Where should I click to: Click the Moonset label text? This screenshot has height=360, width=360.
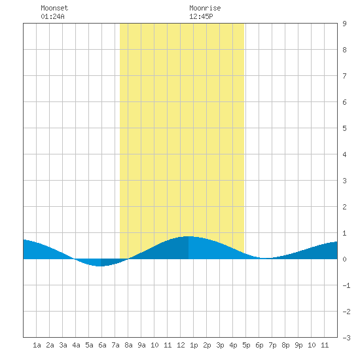pyautogui.click(x=54, y=8)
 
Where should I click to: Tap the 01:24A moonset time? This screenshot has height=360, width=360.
pyautogui.click(x=52, y=16)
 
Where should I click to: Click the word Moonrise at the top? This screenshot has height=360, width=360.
pyautogui.click(x=205, y=8)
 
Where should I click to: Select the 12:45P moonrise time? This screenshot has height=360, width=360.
pyautogui.click(x=201, y=16)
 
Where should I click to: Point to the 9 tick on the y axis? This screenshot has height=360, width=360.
pyautogui.click(x=344, y=24)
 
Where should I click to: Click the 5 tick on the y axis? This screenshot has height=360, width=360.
pyautogui.click(x=344, y=128)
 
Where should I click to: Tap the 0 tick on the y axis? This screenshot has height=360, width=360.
pyautogui.click(x=344, y=259)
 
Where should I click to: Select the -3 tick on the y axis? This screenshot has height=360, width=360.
pyautogui.click(x=346, y=338)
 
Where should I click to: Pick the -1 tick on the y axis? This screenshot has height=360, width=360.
pyautogui.click(x=346, y=285)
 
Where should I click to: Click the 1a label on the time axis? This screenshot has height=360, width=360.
pyautogui.click(x=37, y=345)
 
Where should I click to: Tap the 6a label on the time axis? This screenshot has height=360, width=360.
pyautogui.click(x=102, y=345)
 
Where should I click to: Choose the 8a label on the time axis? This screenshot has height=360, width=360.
pyautogui.click(x=128, y=345)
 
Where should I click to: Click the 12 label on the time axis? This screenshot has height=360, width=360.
pyautogui.click(x=181, y=345)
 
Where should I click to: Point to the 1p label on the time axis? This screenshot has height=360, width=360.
pyautogui.click(x=194, y=345)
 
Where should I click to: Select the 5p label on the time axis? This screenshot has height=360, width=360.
pyautogui.click(x=246, y=345)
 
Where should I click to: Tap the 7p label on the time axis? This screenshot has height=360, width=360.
pyautogui.click(x=272, y=345)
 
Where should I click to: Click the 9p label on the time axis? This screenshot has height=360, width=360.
pyautogui.click(x=298, y=345)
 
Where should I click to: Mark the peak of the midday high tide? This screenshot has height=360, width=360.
pyautogui.click(x=189, y=236)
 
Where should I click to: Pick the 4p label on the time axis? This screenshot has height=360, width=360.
pyautogui.click(x=233, y=345)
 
